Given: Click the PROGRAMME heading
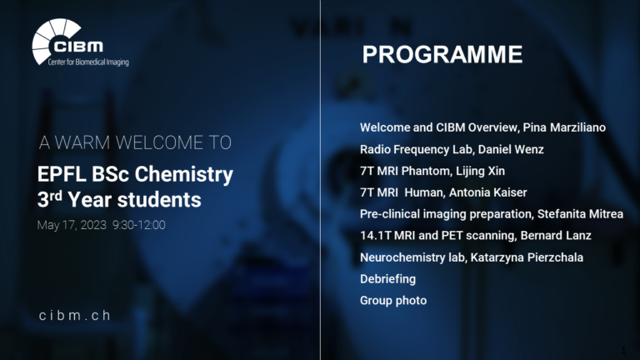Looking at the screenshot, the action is (x=442, y=54).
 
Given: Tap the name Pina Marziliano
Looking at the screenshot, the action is (x=564, y=127).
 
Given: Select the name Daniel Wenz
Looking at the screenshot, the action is (x=511, y=149).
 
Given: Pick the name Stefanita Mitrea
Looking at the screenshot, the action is (x=580, y=214).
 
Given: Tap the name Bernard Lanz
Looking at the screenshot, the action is (x=556, y=236).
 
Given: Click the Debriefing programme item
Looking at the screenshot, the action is (x=387, y=279).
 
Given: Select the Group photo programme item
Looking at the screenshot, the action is (x=393, y=300).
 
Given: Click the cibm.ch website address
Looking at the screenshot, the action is (x=75, y=315).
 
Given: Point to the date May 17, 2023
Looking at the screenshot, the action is (x=72, y=225).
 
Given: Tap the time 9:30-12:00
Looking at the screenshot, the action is (x=139, y=225).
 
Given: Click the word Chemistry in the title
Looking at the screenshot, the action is (x=183, y=175).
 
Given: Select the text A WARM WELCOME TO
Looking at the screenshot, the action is (x=135, y=142).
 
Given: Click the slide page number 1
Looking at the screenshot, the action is (x=623, y=350).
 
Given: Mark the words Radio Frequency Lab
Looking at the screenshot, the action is (x=416, y=149).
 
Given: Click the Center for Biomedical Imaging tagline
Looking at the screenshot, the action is (x=88, y=62).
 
